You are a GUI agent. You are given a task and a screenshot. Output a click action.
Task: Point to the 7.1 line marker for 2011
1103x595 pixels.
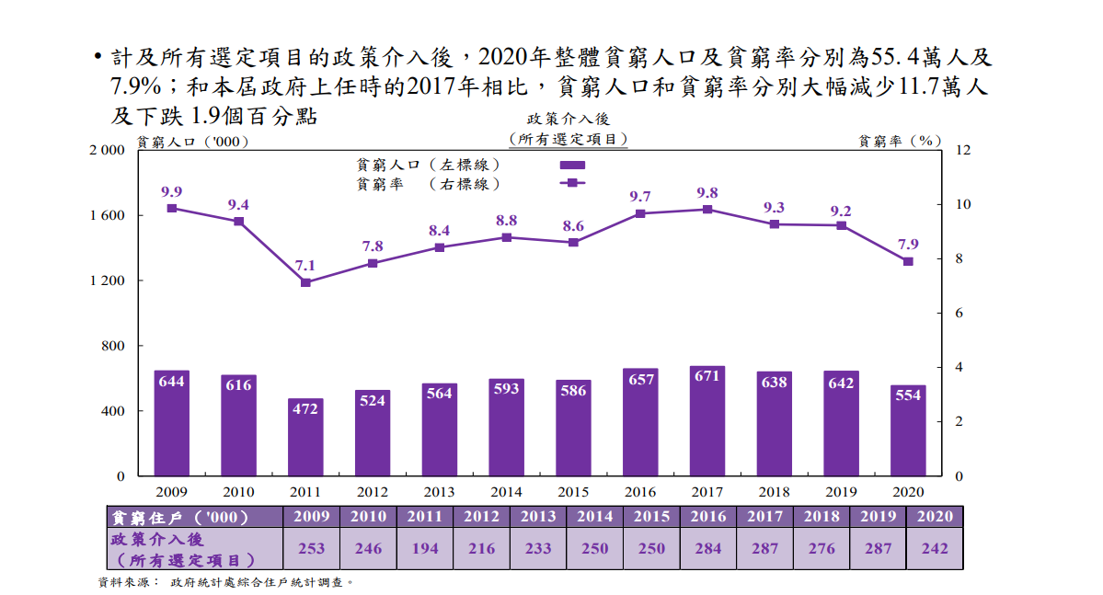[305, 282]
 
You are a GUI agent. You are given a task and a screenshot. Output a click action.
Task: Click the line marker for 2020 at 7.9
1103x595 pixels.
[908, 261]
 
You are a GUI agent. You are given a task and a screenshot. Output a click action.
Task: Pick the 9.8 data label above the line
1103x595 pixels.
[707, 193]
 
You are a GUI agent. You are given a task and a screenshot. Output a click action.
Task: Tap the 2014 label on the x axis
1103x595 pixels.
[506, 492]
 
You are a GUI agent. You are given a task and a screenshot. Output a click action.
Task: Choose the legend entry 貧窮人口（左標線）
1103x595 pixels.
[429, 165]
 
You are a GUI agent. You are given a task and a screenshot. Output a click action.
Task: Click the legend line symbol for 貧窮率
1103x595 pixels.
[572, 183]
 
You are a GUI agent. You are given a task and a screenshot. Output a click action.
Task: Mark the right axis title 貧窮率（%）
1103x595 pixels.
[900, 142]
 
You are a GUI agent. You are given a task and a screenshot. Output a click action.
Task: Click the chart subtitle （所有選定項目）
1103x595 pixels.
[569, 139]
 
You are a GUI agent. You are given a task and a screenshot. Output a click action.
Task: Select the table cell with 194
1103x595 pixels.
[425, 548]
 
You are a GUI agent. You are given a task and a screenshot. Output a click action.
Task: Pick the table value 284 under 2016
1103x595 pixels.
[651, 548]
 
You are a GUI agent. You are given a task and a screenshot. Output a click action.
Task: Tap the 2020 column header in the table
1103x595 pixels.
[935, 517]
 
